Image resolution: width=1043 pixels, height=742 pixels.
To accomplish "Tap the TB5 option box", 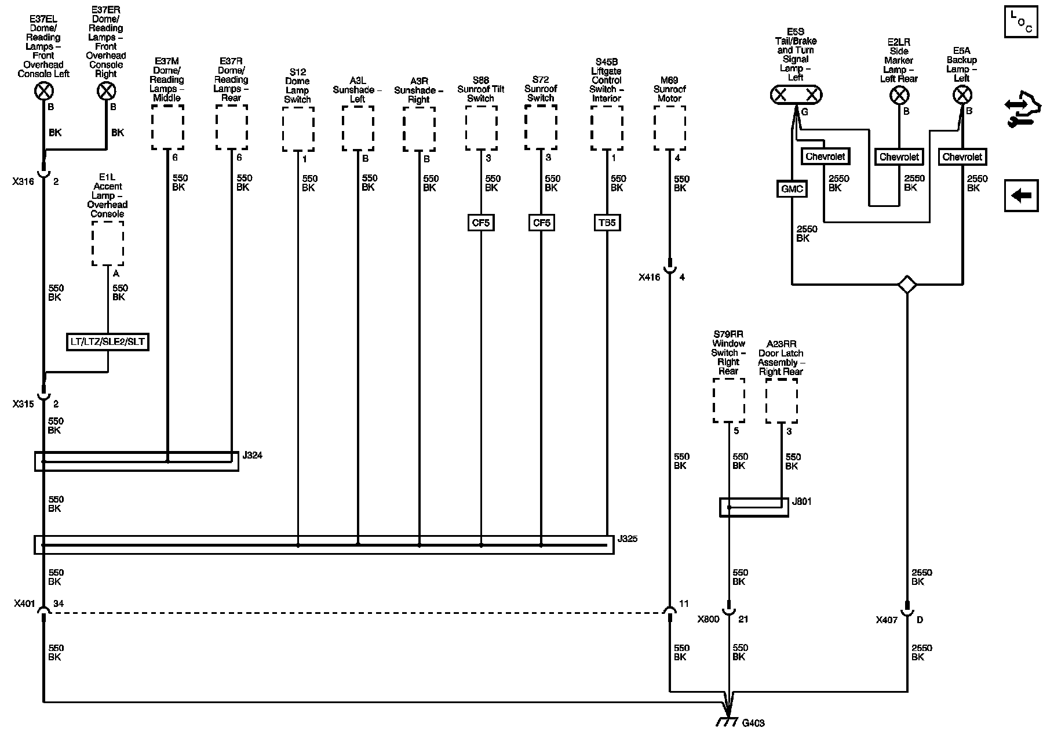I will click(x=607, y=223).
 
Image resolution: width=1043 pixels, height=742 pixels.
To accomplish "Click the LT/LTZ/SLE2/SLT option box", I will click(x=107, y=342).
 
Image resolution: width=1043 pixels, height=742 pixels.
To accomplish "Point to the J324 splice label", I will click(x=252, y=456).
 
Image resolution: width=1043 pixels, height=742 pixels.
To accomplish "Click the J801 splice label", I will click(x=801, y=501).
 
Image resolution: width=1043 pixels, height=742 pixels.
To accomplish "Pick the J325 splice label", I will click(x=628, y=539).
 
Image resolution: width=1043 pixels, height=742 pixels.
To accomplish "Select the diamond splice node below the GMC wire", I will click(x=907, y=285).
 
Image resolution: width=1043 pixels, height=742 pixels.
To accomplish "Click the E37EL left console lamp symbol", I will click(x=44, y=91).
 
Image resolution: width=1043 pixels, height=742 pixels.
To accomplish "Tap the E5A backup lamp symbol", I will click(x=962, y=95).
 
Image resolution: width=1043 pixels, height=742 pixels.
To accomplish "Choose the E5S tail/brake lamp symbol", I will click(x=796, y=95).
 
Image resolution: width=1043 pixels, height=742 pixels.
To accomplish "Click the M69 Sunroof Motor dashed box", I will click(x=670, y=128).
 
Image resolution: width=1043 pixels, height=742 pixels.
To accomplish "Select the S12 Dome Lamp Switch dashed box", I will click(x=298, y=129).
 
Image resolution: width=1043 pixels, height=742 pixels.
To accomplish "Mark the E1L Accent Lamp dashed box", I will click(x=107, y=243).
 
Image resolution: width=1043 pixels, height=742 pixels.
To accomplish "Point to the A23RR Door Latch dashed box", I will click(x=781, y=401).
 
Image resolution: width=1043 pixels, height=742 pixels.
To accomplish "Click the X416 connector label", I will click(x=649, y=278).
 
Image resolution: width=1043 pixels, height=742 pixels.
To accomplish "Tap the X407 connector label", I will click(x=887, y=620).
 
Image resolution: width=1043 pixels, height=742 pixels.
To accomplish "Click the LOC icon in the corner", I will click(x=1020, y=23).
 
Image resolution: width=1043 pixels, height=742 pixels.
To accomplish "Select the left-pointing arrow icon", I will click(x=1020, y=196).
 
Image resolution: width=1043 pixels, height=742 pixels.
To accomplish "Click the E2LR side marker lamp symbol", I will click(x=899, y=95).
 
